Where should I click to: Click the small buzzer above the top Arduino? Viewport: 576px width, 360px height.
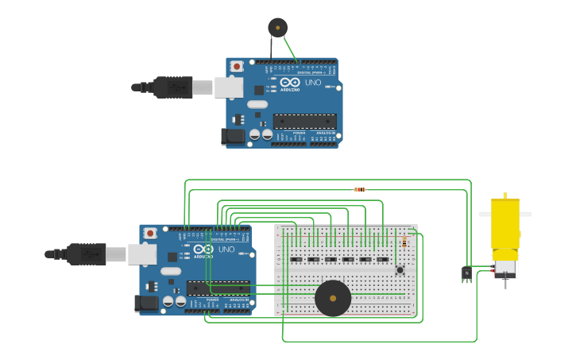(x=277, y=28)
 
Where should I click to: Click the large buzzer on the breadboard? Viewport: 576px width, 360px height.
(x=333, y=298)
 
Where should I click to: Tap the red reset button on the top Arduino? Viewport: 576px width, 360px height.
(x=237, y=67)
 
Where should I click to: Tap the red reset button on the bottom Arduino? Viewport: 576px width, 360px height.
(x=150, y=234)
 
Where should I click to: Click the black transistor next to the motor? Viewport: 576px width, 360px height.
(x=466, y=273)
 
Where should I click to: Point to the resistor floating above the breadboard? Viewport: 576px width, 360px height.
(x=360, y=189)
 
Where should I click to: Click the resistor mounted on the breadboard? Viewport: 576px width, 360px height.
(x=404, y=242)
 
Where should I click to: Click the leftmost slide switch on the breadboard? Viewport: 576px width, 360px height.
(x=296, y=259)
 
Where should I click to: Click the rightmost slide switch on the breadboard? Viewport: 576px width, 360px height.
(x=382, y=259)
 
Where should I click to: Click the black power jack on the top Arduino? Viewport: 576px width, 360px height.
(x=234, y=136)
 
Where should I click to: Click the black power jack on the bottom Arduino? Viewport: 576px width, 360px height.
(x=147, y=303)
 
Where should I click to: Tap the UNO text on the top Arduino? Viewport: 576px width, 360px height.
(x=313, y=83)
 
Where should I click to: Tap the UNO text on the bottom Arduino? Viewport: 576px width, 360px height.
(x=226, y=250)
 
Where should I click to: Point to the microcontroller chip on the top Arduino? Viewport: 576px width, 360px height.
(x=304, y=122)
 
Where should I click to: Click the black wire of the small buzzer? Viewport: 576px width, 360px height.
(x=271, y=48)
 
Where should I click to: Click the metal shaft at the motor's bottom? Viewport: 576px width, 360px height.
(x=504, y=281)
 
